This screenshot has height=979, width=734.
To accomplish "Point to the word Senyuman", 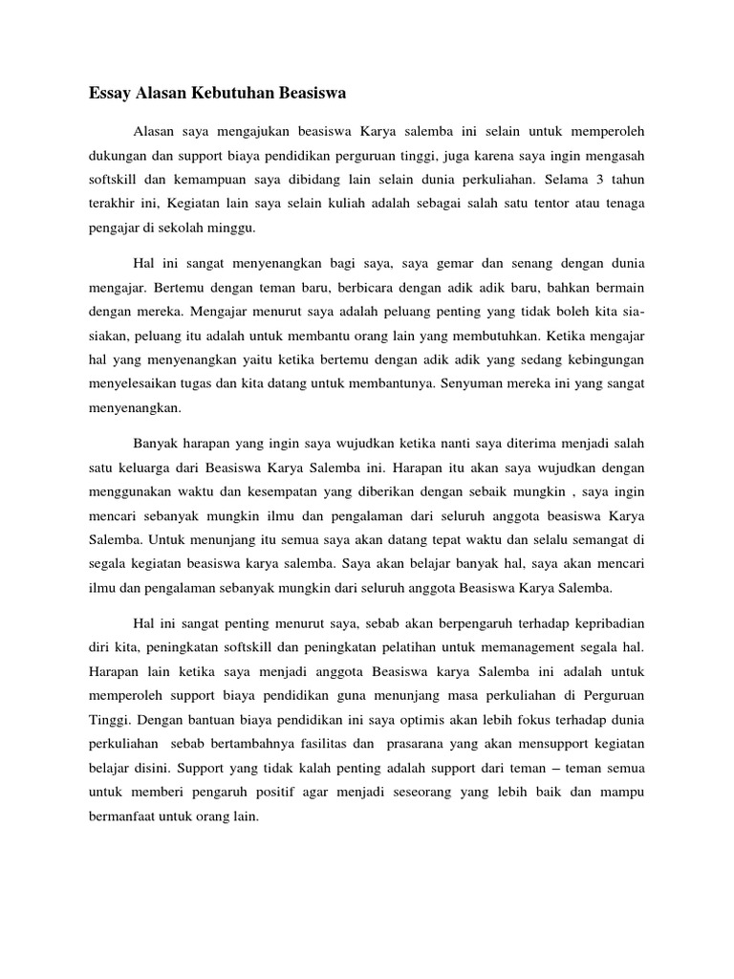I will point(468,383).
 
